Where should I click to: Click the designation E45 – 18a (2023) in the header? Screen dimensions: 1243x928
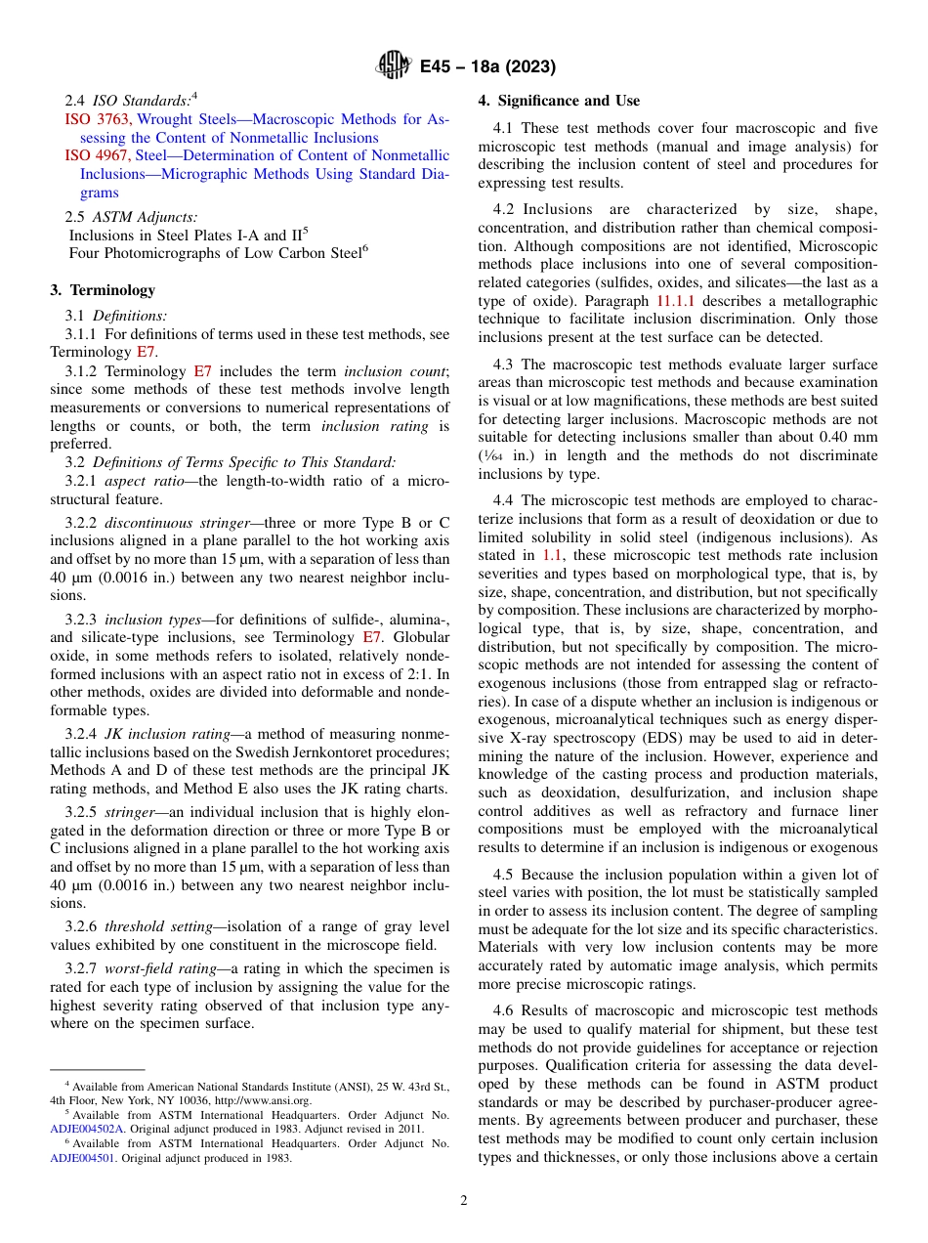(x=487, y=67)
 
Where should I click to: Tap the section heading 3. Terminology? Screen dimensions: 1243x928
(x=102, y=289)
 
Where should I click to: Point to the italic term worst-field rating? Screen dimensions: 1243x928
(x=153, y=970)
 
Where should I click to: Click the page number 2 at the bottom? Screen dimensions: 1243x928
(x=463, y=1201)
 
